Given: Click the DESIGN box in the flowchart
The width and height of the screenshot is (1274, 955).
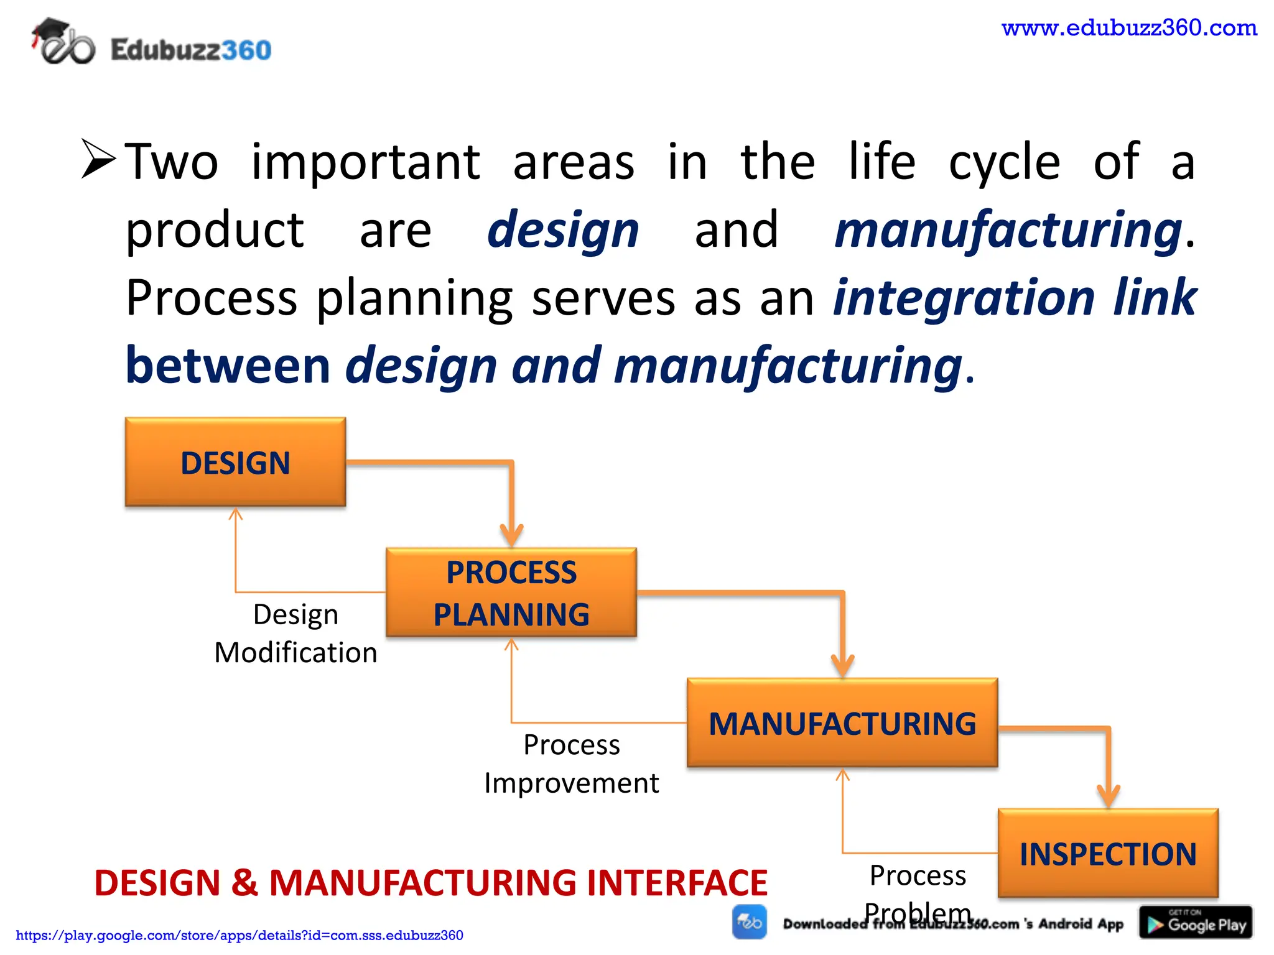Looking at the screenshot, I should point(235,462).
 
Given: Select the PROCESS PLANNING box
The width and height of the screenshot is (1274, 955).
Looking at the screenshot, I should point(511,593).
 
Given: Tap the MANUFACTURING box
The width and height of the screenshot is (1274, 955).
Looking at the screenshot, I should point(842,723).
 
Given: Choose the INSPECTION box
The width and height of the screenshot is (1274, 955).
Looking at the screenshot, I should point(1108,854).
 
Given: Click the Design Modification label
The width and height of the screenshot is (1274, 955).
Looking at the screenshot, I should point(295,634).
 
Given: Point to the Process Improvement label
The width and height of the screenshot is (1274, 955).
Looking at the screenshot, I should point(571,764).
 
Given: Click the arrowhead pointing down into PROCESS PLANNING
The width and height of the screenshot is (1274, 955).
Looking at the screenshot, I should point(511,535).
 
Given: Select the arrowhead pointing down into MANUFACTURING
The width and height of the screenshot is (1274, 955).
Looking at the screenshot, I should point(842,666).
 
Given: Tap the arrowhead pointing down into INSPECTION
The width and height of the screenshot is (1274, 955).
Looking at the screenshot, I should point(1109,796).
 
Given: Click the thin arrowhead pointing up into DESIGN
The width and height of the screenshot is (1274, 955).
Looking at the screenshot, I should point(235,514).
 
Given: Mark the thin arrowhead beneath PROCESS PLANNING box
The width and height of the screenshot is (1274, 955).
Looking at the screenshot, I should point(511,645).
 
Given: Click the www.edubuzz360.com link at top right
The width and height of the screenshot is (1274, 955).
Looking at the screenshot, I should point(1129,28).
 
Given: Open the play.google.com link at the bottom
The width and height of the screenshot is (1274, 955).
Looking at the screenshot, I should point(239,935).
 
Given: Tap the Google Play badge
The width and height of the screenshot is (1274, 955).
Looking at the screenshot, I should point(1196,923).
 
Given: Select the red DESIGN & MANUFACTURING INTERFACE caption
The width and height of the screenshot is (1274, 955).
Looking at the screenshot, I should point(430,882).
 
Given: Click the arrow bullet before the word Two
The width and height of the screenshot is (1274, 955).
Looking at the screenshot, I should point(98,160).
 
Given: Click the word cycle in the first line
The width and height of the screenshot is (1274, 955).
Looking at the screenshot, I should point(1004,162).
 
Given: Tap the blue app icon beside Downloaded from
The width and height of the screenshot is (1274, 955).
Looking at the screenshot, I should point(750,922).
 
